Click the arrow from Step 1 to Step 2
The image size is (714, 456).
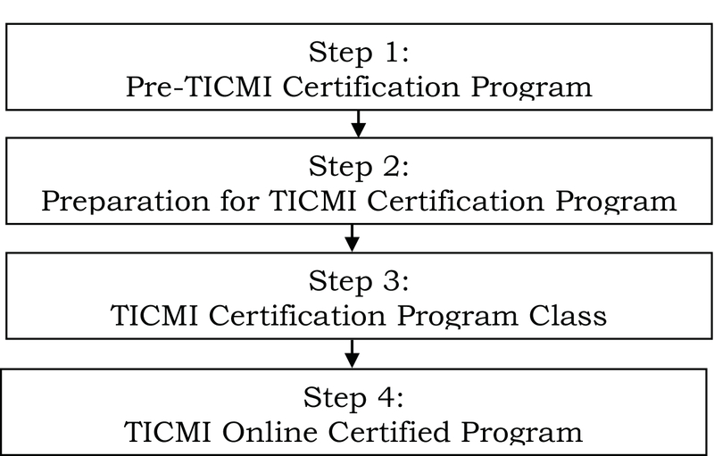pos(359,123)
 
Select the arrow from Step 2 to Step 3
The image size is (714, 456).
pos(352,237)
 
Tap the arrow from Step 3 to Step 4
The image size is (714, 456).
pos(352,353)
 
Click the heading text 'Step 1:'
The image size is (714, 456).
pos(359,52)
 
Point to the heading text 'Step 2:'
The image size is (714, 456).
pos(359,166)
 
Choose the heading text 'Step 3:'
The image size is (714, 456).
pos(359,281)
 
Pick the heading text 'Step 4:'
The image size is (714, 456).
pos(353,397)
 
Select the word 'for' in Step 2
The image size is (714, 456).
pos(239,201)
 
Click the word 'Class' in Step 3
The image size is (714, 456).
pos(568,315)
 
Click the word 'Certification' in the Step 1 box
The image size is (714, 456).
pos(371,87)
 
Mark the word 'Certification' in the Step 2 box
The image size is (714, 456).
pos(455,201)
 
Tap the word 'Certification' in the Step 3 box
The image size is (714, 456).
pos(298,315)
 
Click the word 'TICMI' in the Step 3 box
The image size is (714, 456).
pos(154,315)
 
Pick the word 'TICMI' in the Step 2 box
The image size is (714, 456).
pos(312,201)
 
